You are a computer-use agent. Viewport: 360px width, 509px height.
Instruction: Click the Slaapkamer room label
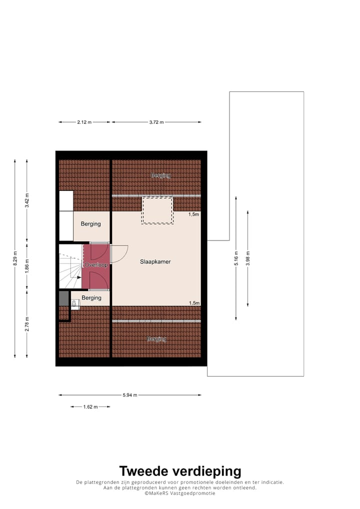(155, 261)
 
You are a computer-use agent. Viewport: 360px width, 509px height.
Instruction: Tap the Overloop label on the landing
(96, 264)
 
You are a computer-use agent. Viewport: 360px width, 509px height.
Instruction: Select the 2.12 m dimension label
(84, 122)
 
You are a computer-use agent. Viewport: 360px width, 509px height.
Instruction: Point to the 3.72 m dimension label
(156, 122)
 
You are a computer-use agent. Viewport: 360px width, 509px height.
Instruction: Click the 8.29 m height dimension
(15, 258)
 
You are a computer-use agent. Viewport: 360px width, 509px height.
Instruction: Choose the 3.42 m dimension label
(27, 201)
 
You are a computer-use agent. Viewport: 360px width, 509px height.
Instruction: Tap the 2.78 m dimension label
(27, 324)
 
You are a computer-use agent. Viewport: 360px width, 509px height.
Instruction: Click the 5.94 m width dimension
(130, 395)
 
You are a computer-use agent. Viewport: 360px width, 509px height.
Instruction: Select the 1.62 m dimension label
(90, 407)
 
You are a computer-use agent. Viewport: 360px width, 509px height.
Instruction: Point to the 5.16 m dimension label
(236, 258)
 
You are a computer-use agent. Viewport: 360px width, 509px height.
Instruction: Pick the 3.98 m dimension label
(247, 258)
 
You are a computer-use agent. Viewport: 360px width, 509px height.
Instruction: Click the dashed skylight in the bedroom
(157, 210)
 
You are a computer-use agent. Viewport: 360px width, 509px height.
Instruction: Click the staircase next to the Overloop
(70, 272)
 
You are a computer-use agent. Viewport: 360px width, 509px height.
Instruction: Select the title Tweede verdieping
(180, 471)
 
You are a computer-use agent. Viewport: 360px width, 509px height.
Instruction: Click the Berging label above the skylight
(161, 175)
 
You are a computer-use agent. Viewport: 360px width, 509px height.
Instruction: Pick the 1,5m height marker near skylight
(193, 214)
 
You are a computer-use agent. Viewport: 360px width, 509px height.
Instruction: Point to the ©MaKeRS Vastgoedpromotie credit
(180, 493)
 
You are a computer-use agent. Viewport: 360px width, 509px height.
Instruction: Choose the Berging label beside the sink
(91, 298)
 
